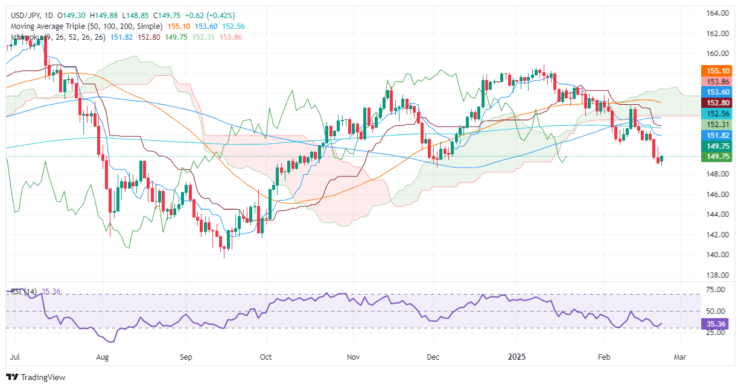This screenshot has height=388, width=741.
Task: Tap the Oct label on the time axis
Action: [x=265, y=357]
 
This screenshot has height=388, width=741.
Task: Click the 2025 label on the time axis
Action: [x=517, y=357]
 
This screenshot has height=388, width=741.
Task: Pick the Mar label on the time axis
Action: [x=679, y=357]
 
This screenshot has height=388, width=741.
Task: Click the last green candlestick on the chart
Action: [x=662, y=159]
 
